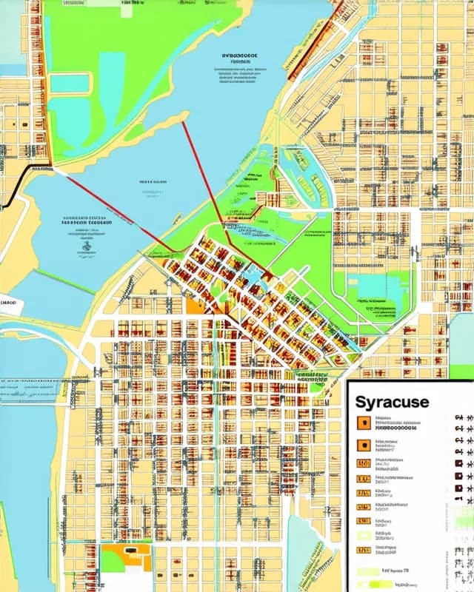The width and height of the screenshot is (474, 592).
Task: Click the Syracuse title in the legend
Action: (x=392, y=403)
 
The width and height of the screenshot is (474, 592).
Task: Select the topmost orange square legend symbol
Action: (x=364, y=423)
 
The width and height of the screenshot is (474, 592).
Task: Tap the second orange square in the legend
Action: (x=364, y=445)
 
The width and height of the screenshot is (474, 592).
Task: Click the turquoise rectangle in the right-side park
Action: (x=377, y=289)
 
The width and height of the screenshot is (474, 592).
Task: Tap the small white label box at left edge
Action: (x=10, y=303)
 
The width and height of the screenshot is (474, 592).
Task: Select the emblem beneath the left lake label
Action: (x=87, y=249)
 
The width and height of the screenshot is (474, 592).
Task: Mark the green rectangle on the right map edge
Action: (x=461, y=352)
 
